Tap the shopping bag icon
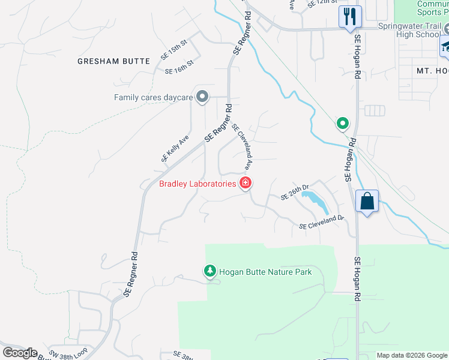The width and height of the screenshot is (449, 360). [x=367, y=201]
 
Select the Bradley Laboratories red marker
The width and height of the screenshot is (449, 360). [x=245, y=183]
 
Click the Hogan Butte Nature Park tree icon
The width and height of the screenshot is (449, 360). [x=209, y=272]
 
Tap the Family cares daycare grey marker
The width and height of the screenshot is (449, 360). [x=202, y=97]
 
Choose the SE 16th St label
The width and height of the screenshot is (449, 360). [x=179, y=67]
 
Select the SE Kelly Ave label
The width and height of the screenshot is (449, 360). [x=175, y=148]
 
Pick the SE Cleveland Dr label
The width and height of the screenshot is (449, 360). [x=321, y=222]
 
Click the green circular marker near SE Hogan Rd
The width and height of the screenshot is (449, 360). [x=342, y=124]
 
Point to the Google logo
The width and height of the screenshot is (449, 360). [x=20, y=352]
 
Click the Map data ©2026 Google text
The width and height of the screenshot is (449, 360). [x=411, y=355]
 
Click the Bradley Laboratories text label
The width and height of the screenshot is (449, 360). [x=197, y=184]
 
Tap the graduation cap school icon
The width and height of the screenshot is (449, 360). [x=445, y=47]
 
